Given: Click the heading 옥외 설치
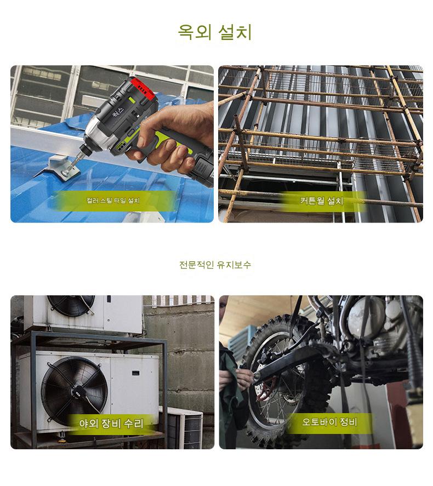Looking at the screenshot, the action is pyautogui.click(x=215, y=32).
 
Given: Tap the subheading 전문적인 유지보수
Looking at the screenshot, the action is pyautogui.click(x=215, y=265).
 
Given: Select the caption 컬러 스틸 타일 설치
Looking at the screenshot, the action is pyautogui.click(x=113, y=201).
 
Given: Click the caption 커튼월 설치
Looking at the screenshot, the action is pyautogui.click(x=322, y=201).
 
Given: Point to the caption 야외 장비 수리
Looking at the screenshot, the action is pyautogui.click(x=111, y=424).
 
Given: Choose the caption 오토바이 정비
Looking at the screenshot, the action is pyautogui.click(x=329, y=422).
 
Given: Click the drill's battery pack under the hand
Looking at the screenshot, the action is pyautogui.click(x=203, y=169).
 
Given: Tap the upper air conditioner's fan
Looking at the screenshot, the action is pyautogui.click(x=71, y=305).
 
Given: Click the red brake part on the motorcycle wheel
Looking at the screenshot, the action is pyautogui.click(x=266, y=387).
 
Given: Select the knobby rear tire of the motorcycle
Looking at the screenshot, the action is pyautogui.click(x=279, y=381).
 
